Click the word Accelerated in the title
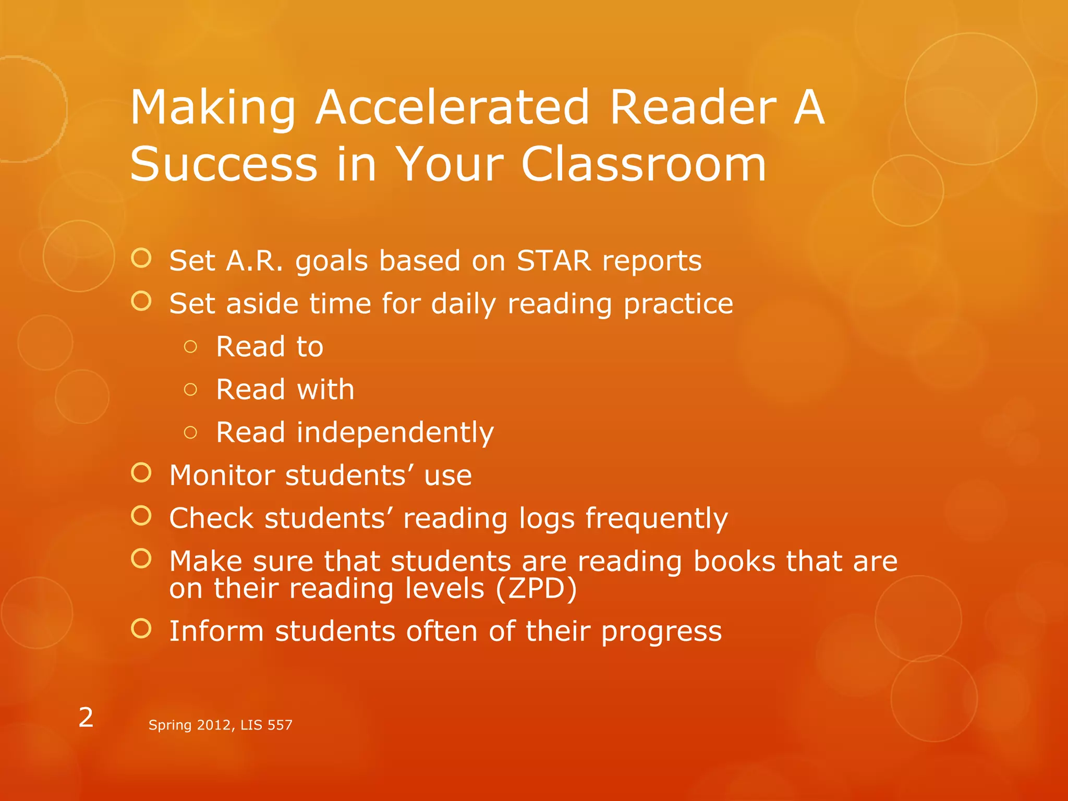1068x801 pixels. click(x=452, y=107)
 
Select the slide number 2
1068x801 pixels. click(x=86, y=718)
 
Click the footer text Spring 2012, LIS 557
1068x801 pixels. click(x=220, y=725)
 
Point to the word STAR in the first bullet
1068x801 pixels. click(x=554, y=261)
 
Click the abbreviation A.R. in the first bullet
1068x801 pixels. click(x=254, y=261)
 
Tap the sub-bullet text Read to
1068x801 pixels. click(x=270, y=347)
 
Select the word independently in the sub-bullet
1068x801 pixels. click(x=395, y=433)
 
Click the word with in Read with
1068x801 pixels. click(x=325, y=390)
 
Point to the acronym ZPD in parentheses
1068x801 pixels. click(x=536, y=589)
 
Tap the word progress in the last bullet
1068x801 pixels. click(x=661, y=632)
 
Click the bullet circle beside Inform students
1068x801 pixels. click(x=141, y=628)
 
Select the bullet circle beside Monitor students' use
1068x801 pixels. click(x=141, y=472)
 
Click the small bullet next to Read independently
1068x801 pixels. click(x=191, y=432)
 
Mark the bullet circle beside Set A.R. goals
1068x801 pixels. click(x=141, y=258)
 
